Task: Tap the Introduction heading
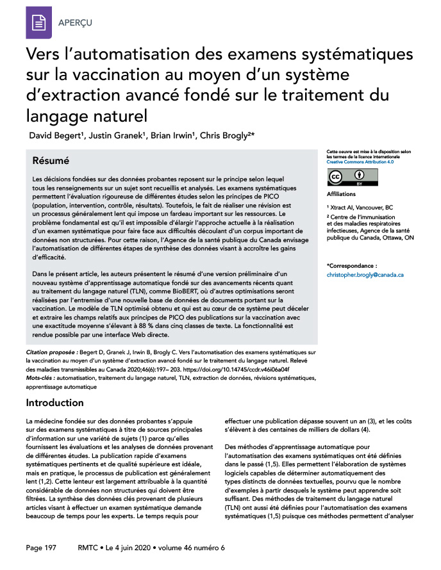pos(54,403)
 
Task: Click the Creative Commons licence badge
pos(347,177)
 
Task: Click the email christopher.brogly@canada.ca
pos(365,274)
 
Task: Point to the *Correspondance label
pos(352,265)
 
